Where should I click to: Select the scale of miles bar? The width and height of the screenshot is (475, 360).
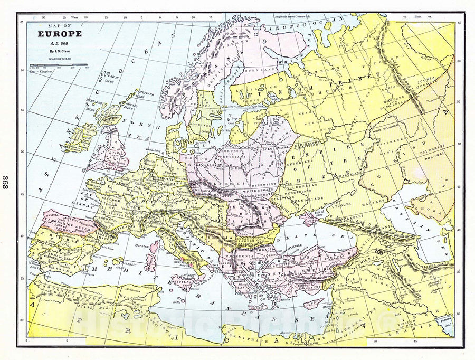click(59, 64)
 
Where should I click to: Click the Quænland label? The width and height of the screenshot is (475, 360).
click(259, 70)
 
